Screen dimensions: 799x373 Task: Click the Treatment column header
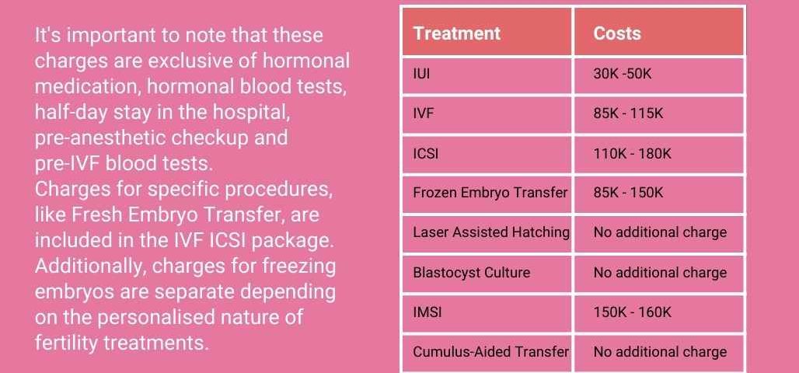point(456,33)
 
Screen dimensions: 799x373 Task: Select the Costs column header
point(617,33)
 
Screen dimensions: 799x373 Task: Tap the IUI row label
point(421,74)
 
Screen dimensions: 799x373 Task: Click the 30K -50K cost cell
point(623,74)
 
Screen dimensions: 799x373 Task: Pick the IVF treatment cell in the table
point(424,113)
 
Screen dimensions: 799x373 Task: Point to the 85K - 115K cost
point(628,113)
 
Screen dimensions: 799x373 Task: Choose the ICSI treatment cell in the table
point(425,153)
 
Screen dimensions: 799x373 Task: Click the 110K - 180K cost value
point(633,153)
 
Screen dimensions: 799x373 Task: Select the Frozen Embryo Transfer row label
point(490,193)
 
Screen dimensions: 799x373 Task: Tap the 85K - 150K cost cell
point(628,193)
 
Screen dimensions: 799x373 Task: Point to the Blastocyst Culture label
point(471,273)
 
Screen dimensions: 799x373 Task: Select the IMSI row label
point(427,312)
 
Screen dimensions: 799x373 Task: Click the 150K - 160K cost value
point(633,312)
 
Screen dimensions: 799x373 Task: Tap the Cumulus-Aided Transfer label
point(490,351)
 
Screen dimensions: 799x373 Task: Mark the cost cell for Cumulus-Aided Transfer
point(660,352)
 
